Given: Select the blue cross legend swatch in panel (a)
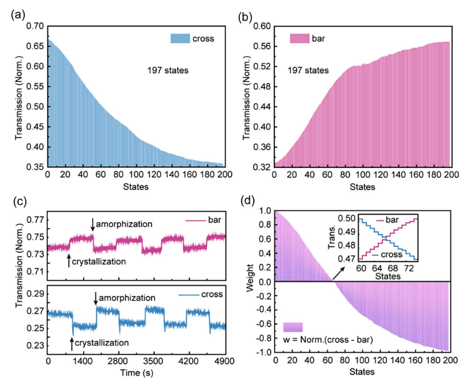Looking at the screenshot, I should tap(182, 39).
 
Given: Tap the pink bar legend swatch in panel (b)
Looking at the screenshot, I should tap(302, 39).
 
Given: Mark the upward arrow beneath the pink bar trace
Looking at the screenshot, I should tap(69, 260).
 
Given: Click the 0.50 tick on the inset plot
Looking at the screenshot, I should tap(349, 218).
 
